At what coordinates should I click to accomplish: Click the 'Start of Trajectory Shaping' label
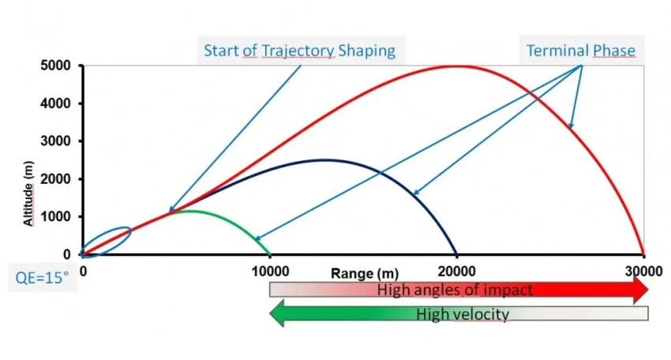click(299, 51)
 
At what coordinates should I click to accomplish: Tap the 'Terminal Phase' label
click(581, 51)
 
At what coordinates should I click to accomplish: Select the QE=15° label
click(43, 277)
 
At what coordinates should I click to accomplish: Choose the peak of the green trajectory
click(186, 211)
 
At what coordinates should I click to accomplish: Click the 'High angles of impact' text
click(455, 290)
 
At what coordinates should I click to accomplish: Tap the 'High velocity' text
click(463, 314)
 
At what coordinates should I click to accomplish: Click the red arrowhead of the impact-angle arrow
click(638, 290)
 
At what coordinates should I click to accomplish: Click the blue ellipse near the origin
click(106, 241)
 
